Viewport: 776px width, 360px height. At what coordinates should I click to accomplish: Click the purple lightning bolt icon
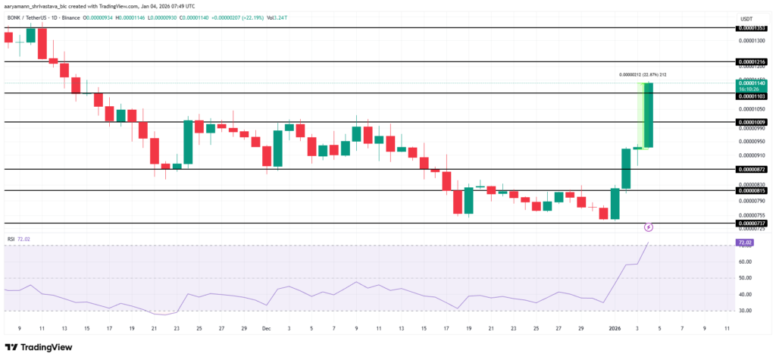(x=649, y=227)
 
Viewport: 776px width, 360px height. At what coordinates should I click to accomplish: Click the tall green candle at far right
(x=649, y=114)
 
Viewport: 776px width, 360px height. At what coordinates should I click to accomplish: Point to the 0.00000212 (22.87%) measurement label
(x=647, y=74)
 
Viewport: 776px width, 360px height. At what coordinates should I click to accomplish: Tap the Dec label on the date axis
(x=266, y=329)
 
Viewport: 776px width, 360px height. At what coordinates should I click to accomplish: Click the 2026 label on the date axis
(x=615, y=329)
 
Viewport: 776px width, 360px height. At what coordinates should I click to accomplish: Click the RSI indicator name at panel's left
(x=11, y=239)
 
